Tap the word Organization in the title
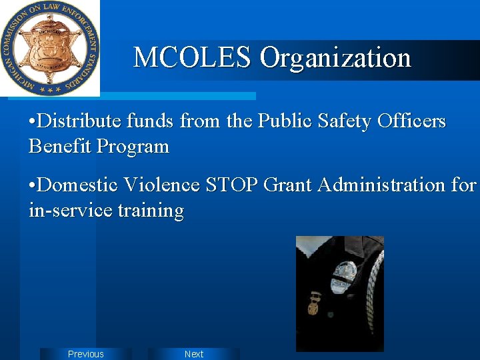tap(335, 59)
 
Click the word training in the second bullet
tap(151, 211)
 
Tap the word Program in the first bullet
tap(133, 147)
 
